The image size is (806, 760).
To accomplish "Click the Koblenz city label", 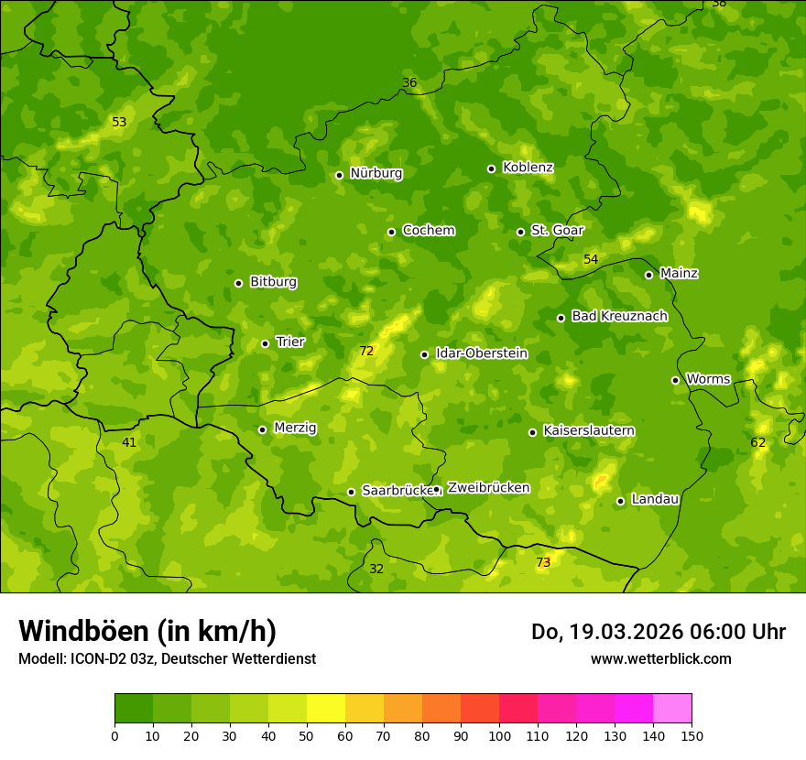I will [x=528, y=168].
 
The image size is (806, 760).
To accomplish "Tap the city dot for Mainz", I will [x=648, y=275].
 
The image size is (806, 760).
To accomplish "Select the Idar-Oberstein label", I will [x=481, y=353].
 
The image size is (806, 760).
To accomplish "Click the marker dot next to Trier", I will [x=266, y=344].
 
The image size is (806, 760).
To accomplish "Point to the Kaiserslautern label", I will [x=589, y=430].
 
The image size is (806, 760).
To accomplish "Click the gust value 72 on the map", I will [x=366, y=352].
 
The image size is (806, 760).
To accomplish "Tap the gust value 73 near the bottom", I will [x=543, y=562].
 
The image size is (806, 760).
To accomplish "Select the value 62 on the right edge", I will [x=757, y=443].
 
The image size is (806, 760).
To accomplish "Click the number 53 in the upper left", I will [x=119, y=123].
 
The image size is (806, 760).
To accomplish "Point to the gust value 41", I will [x=129, y=443].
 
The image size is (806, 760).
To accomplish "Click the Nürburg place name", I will [x=376, y=173].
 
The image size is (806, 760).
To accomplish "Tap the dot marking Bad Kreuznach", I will [x=561, y=319].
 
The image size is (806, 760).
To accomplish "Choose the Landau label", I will [x=655, y=499].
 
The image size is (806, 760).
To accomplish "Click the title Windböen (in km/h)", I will [x=147, y=631].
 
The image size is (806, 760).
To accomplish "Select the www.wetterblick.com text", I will [x=660, y=659].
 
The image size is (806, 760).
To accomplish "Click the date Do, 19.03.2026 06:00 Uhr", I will [x=659, y=632].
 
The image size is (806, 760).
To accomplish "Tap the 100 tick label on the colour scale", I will [x=499, y=736].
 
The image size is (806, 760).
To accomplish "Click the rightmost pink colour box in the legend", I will [x=672, y=709].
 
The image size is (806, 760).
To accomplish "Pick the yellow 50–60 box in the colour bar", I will [x=326, y=709].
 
